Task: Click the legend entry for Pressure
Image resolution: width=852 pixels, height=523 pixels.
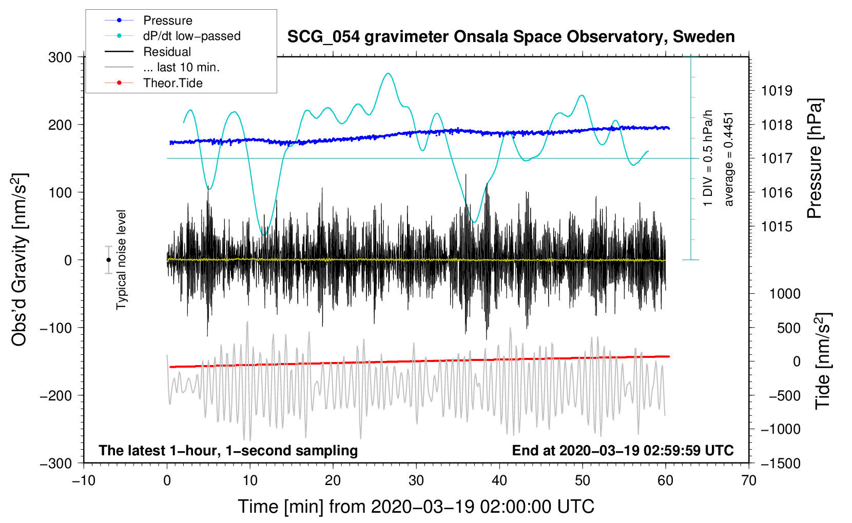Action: (167, 21)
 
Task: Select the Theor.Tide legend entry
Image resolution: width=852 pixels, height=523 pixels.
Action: (172, 83)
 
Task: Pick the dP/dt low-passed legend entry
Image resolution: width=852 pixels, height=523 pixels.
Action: (191, 36)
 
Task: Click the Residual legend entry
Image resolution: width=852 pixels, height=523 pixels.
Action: (167, 52)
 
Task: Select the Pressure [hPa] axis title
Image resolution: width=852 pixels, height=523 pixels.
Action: (815, 159)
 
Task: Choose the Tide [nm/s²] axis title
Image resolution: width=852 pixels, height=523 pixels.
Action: (823, 361)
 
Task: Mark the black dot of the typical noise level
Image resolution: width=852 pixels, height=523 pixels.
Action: (108, 260)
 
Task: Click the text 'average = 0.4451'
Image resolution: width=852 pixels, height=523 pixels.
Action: (729, 159)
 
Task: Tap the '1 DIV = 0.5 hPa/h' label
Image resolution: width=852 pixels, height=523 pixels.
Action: (708, 158)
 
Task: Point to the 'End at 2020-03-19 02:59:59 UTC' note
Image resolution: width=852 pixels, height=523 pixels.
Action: (623, 451)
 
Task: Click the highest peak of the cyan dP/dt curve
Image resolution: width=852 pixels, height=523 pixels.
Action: (388, 73)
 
